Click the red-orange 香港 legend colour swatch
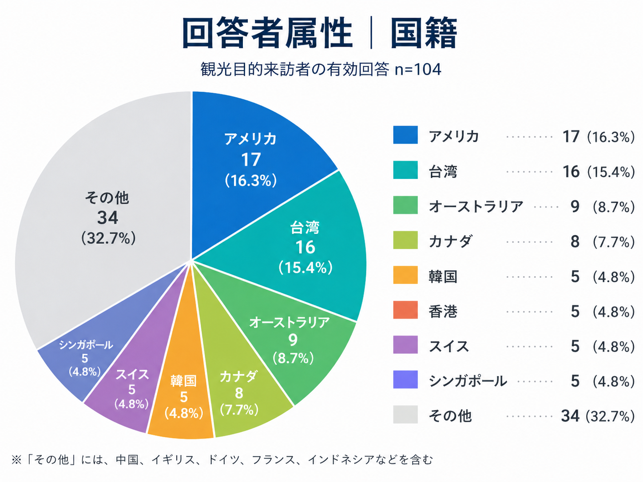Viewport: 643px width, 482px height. [x=405, y=310]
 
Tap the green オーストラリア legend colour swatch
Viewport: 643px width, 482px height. [x=405, y=205]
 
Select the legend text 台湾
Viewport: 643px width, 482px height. [x=443, y=171]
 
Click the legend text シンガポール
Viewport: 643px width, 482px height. [x=468, y=381]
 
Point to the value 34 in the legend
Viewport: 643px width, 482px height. [x=570, y=416]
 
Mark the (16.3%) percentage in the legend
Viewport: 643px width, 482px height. [x=611, y=137]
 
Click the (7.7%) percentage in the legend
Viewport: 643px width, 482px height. [x=613, y=242]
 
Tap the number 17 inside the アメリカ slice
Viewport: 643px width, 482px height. [x=251, y=160]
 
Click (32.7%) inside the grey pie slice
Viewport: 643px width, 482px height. [x=108, y=238]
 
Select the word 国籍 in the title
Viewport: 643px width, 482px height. [x=423, y=34]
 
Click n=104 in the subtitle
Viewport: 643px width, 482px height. [x=418, y=70]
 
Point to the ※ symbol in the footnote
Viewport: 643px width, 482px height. [x=16, y=460]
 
